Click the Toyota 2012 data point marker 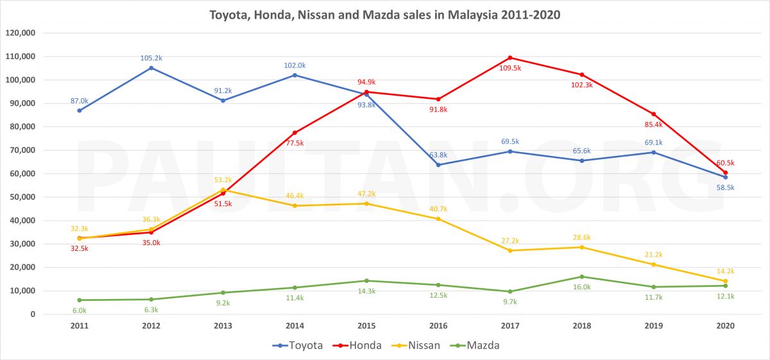pos(151,67)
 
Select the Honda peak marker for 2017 pos(510,58)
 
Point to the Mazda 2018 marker pos(582,277)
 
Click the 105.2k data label pos(151,58)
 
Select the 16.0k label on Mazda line pos(582,287)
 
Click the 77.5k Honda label pos(295,143)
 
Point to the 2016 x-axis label pos(438,326)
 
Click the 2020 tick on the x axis pos(725,326)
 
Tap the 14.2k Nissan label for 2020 pos(725,271)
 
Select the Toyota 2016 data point pos(438,165)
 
